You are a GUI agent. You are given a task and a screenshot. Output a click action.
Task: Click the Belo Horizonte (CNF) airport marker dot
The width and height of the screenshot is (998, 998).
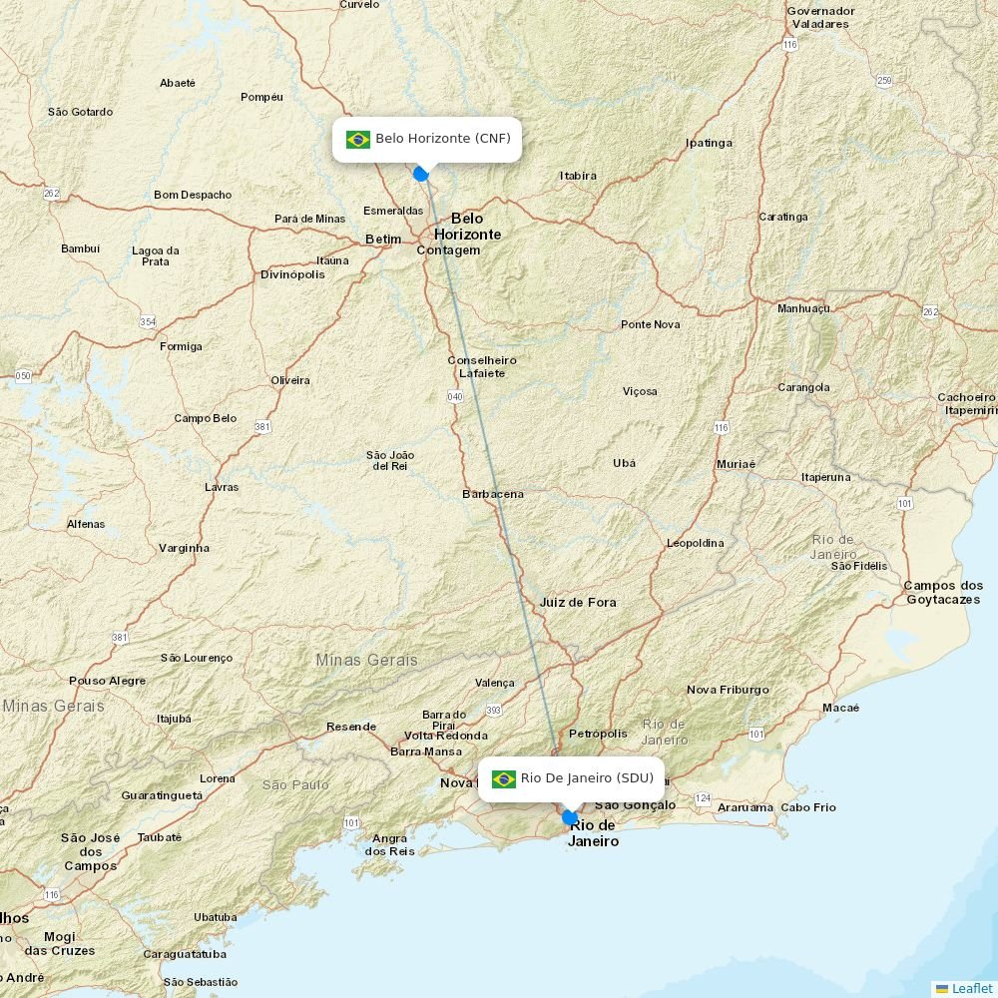tap(421, 174)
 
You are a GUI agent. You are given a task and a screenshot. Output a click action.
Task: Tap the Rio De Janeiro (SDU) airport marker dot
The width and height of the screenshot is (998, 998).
tap(570, 817)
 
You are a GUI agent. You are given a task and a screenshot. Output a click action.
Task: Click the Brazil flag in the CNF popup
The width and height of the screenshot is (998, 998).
tap(358, 139)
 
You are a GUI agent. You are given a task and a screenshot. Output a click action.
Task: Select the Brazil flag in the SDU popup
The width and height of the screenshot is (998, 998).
tap(504, 778)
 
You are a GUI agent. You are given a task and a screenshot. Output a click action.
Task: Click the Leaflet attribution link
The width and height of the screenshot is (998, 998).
tap(971, 988)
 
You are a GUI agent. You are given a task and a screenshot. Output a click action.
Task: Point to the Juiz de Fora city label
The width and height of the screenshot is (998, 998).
tap(578, 602)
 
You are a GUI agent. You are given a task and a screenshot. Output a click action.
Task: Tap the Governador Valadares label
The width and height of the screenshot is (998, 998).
tap(820, 17)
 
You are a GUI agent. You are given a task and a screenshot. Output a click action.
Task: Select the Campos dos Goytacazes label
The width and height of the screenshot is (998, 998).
tap(943, 592)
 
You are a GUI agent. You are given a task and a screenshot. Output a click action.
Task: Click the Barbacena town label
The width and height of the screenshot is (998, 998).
tap(493, 494)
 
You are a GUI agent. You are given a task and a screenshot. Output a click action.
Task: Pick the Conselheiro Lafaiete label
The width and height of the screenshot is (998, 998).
tap(482, 366)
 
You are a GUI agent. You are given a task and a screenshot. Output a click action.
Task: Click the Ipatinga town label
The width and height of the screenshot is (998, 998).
tap(709, 143)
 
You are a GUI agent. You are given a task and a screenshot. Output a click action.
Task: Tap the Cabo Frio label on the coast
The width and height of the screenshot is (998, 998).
tap(808, 807)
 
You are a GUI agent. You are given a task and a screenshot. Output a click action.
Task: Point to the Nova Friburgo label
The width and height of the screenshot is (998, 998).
tap(728, 690)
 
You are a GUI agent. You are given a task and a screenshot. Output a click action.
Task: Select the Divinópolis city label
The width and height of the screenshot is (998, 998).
tap(292, 274)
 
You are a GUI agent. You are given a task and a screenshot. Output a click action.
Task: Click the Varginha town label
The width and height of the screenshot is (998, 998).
tap(185, 548)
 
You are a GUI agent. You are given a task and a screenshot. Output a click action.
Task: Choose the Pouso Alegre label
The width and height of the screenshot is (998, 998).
tap(107, 681)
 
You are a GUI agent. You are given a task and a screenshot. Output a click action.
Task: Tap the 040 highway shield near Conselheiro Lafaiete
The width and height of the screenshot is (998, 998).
tap(455, 396)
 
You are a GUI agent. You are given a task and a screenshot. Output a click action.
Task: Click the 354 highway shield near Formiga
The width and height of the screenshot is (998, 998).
tap(148, 321)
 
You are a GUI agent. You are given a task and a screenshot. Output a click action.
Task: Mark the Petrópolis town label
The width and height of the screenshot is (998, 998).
tap(598, 734)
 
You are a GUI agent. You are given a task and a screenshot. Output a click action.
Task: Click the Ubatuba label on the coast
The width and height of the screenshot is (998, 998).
tap(216, 917)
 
